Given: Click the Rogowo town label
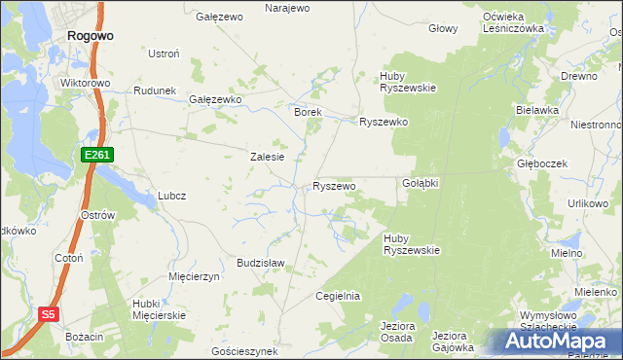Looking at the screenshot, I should tap(91, 34).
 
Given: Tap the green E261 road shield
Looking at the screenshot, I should tap(98, 155).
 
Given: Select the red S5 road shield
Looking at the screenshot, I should tap(50, 314).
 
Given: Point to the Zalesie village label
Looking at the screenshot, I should tap(267, 157).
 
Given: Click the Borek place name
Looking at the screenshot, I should tap(308, 112).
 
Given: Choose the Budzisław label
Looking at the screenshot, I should tap(260, 263).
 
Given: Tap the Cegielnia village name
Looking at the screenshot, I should tap(338, 296).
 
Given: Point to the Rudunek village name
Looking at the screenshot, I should tap(154, 90).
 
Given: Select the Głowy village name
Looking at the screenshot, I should tap(443, 28).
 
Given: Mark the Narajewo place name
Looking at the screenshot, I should tap(287, 8).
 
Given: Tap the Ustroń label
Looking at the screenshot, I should tap(163, 53).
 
